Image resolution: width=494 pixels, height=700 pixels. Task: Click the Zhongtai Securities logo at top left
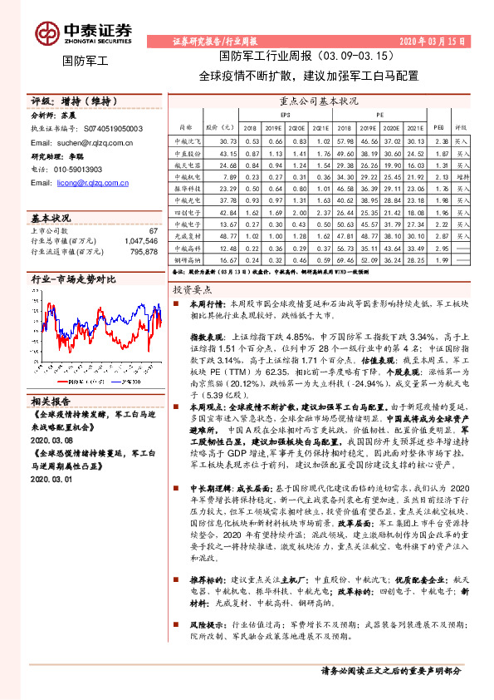tap(83, 33)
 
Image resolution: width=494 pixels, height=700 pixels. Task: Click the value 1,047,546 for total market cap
tap(136, 240)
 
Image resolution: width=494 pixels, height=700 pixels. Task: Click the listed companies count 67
tap(153, 230)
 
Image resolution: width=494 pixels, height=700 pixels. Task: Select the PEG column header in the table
tap(439, 128)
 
